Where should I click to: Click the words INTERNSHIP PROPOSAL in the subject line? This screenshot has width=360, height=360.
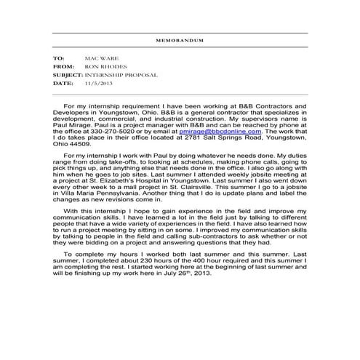pyautogui.click(x=122, y=74)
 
